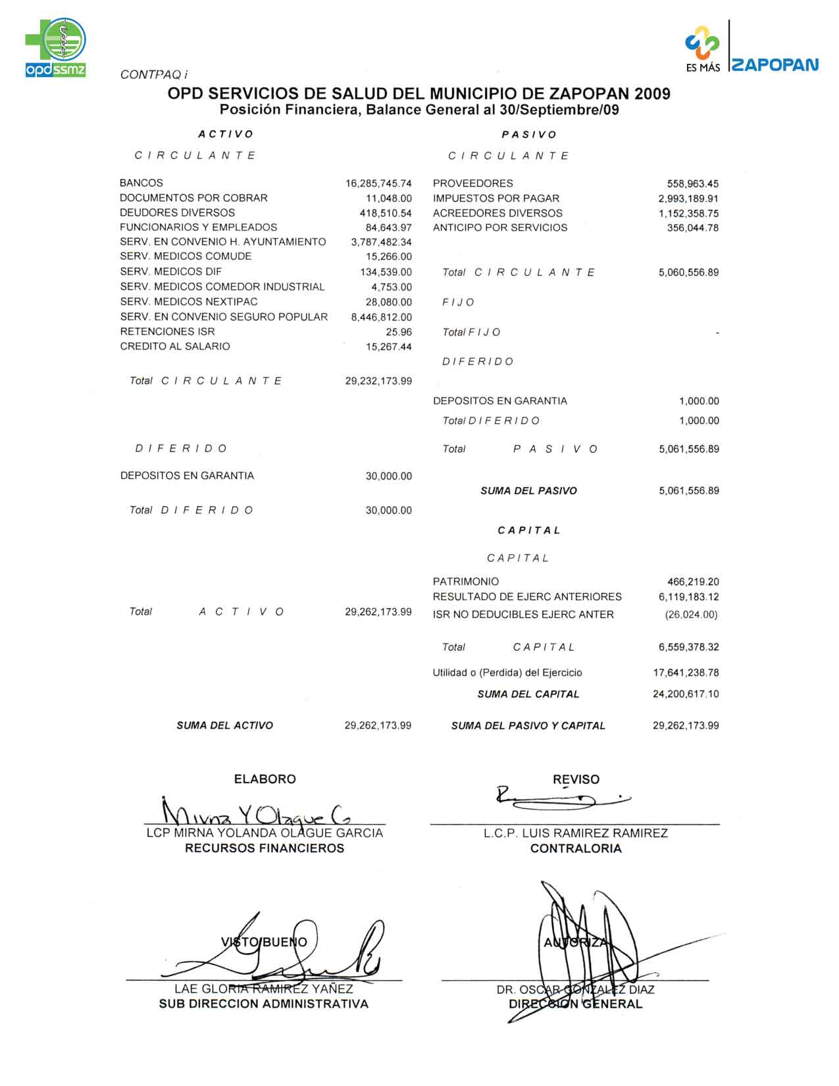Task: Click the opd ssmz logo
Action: pyautogui.click(x=56, y=48)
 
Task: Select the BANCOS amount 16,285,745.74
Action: pyautogui.click(x=378, y=184)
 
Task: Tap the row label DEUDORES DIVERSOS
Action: pyautogui.click(x=177, y=213)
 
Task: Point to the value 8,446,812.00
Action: pyautogui.click(x=382, y=317)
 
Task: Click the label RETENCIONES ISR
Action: pyautogui.click(x=167, y=332)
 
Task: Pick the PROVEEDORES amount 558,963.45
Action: pyautogui.click(x=692, y=184)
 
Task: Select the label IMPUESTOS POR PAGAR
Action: pyautogui.click(x=496, y=198)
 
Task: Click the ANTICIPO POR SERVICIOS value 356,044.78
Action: pyautogui.click(x=692, y=228)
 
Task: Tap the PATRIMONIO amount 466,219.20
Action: pyautogui.click(x=693, y=582)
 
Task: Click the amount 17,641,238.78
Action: pyautogui.click(x=686, y=673)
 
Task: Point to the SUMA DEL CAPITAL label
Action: pyautogui.click(x=528, y=694)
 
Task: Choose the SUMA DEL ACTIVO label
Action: pyautogui.click(x=224, y=725)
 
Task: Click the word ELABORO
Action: pyautogui.click(x=265, y=779)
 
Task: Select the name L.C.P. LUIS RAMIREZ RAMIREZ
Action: pyautogui.click(x=576, y=833)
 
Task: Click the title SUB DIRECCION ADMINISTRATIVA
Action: pyautogui.click(x=264, y=1004)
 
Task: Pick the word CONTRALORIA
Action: pyautogui.click(x=576, y=848)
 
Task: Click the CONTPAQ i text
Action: pyautogui.click(x=154, y=75)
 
